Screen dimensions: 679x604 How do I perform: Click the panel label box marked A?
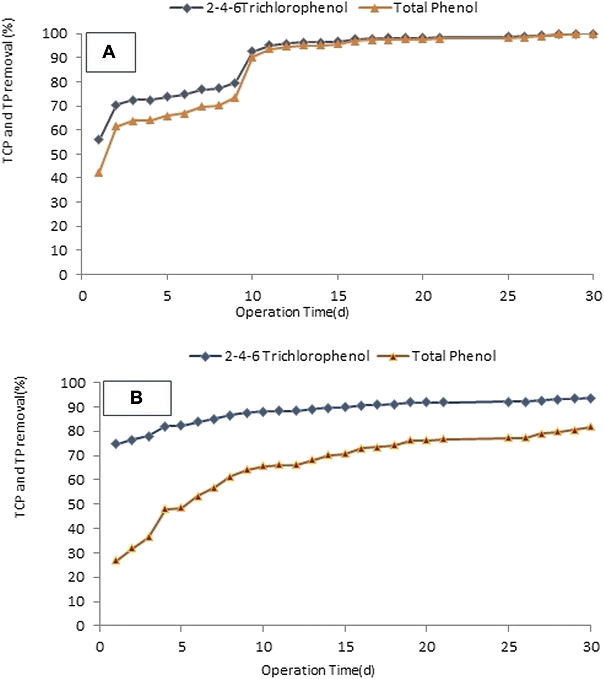pyautogui.click(x=111, y=52)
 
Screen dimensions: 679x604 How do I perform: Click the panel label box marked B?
pyautogui.click(x=137, y=398)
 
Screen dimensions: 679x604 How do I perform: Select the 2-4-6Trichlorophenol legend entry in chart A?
pyautogui.click(x=259, y=8)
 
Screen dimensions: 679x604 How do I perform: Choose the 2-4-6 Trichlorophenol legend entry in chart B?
pyautogui.click(x=280, y=356)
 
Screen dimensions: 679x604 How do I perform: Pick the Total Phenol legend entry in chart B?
pyautogui.click(x=437, y=356)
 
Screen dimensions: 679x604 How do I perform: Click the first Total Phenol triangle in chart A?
pyautogui.click(x=99, y=173)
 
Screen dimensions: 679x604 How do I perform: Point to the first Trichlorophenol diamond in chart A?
pyautogui.click(x=99, y=139)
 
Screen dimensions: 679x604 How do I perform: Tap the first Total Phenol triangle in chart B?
pyautogui.click(x=116, y=561)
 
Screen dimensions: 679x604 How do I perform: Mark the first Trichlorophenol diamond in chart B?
pyautogui.click(x=116, y=444)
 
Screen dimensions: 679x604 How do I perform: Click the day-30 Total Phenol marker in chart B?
pyautogui.click(x=590, y=427)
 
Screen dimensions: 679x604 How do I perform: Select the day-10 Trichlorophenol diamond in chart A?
pyautogui.click(x=252, y=51)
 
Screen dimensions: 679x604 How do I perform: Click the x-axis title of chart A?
pyautogui.click(x=292, y=312)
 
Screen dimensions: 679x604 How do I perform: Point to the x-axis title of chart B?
pyautogui.click(x=318, y=670)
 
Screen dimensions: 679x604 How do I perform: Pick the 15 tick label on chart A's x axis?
pyautogui.click(x=337, y=296)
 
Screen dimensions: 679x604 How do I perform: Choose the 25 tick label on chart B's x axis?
pyautogui.click(x=508, y=646)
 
